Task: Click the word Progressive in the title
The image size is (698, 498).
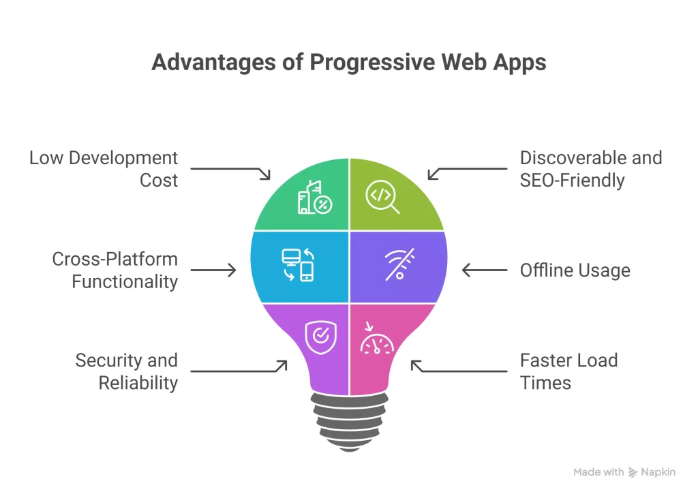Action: click(373, 63)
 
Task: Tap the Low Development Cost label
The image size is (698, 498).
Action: click(103, 169)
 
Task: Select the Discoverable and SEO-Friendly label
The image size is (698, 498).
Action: click(590, 169)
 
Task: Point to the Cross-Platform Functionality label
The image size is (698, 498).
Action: click(115, 270)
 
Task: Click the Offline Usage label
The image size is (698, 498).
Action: click(575, 270)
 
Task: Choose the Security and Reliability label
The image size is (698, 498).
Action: click(126, 371)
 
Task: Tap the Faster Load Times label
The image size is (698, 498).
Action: click(568, 371)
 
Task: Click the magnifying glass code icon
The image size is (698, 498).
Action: click(382, 198)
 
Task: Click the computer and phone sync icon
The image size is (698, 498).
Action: click(298, 265)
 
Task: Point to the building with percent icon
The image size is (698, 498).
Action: click(314, 197)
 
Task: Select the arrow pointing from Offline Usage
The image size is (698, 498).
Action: click(485, 270)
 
